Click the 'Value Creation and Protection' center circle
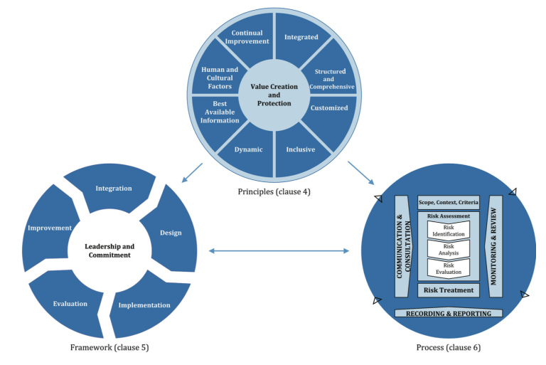coord(274,95)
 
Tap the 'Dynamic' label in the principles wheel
coord(248,149)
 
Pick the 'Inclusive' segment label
coord(301,149)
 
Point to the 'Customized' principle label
coord(329,107)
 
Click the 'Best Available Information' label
coord(220,112)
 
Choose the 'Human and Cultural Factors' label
coord(220,78)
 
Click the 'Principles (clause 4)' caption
coord(274,191)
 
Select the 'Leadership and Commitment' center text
coord(109,250)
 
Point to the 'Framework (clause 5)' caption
coord(109,347)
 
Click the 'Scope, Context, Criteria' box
coord(449,202)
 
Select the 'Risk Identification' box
coord(449,231)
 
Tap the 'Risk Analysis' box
coord(449,250)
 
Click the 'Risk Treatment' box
coord(449,290)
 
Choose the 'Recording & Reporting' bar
coord(449,313)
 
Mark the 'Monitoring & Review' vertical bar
coord(494,246)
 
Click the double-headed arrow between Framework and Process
coord(279,250)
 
